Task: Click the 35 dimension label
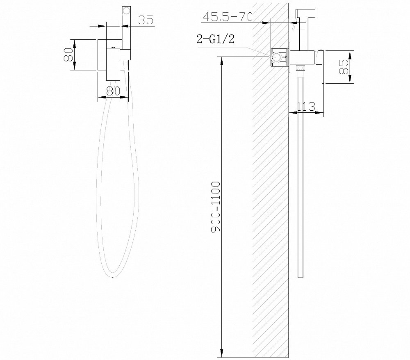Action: (x=146, y=20)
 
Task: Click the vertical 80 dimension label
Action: (x=68, y=55)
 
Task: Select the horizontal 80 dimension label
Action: (x=113, y=91)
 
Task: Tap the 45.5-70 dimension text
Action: (x=228, y=17)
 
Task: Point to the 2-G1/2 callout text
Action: (x=215, y=39)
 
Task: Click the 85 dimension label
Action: (x=343, y=67)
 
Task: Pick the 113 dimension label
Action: (x=306, y=107)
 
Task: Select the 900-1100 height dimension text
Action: (x=216, y=207)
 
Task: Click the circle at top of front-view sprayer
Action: (x=126, y=11)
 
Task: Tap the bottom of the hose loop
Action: (x=112, y=277)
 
